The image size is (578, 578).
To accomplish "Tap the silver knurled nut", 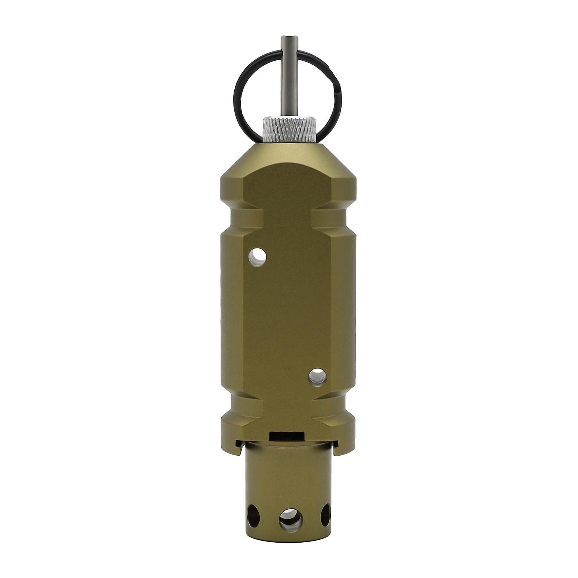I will click(288, 130).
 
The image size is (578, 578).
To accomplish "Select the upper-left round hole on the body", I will click(257, 257).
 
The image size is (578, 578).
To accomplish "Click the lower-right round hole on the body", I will click(318, 377).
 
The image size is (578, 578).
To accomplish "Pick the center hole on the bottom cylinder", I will click(291, 520).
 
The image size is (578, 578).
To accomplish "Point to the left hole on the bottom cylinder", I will click(253, 514).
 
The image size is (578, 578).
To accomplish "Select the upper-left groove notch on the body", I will click(240, 219).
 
